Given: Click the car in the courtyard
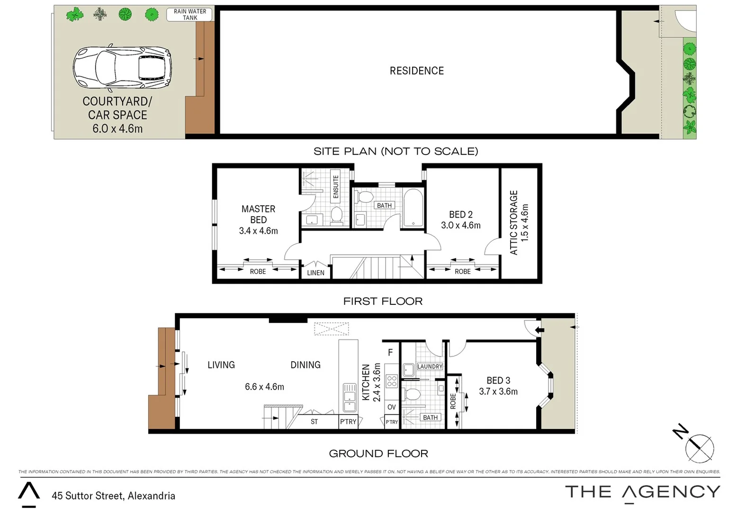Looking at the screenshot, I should (x=122, y=69).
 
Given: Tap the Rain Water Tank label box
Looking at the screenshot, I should (x=189, y=15).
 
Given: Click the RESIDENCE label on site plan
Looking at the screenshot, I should (x=416, y=71).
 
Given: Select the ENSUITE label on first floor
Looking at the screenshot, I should (x=336, y=186).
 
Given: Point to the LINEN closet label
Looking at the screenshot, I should (x=315, y=273).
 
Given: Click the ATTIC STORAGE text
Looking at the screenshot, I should (x=514, y=222).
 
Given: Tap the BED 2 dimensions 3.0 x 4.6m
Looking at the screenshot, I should (x=460, y=226).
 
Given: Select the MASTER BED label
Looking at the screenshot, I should (x=258, y=214).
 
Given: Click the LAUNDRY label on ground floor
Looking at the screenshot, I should (x=430, y=366).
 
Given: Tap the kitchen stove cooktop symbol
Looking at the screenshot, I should (x=392, y=381).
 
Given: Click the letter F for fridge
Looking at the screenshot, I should (x=390, y=352).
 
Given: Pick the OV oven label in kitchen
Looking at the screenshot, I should (x=391, y=407).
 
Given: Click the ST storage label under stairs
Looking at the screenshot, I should (x=314, y=421).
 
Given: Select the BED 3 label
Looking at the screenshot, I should (x=498, y=380).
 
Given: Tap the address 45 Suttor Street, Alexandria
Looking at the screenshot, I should (x=114, y=496).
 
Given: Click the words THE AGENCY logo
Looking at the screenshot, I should (x=642, y=492).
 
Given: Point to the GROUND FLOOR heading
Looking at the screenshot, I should (x=378, y=454).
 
